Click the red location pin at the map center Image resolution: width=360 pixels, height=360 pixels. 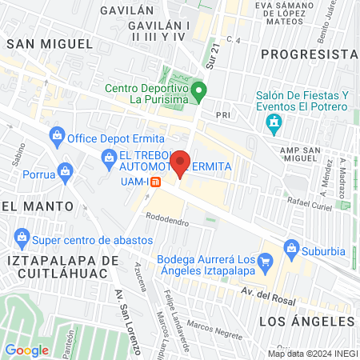(x=180, y=163)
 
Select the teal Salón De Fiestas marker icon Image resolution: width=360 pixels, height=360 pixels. (x=274, y=122)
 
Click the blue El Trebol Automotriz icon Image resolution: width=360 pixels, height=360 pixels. (x=109, y=158)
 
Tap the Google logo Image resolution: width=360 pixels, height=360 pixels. (x=26, y=350)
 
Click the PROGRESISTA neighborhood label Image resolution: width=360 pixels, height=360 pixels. (x=308, y=54)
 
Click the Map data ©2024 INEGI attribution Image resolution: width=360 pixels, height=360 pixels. (x=311, y=353)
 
